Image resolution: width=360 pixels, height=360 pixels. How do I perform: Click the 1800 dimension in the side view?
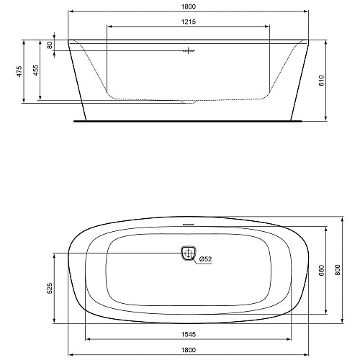(189, 6)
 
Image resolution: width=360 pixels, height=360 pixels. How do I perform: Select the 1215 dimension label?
(189, 22)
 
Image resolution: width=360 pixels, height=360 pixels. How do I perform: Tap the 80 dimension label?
(50, 45)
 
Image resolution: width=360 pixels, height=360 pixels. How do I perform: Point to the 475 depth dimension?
(19, 71)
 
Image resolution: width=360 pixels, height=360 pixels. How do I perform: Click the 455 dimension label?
(35, 70)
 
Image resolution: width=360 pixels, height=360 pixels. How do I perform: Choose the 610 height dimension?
(322, 80)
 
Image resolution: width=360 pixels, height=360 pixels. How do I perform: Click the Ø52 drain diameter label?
(206, 259)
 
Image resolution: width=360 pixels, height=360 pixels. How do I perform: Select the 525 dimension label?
(50, 288)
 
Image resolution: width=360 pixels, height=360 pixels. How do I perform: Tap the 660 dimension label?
(322, 271)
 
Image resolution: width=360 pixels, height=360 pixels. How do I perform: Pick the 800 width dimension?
(338, 270)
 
